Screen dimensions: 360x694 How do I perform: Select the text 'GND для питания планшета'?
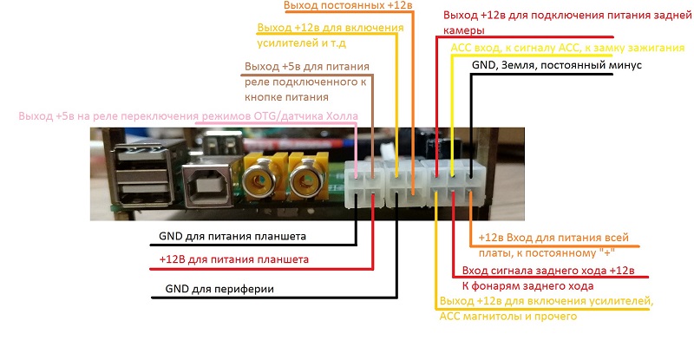click(x=232, y=236)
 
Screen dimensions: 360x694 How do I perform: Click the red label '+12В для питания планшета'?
click(x=234, y=259)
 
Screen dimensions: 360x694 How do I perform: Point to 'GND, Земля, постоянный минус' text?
click(x=556, y=65)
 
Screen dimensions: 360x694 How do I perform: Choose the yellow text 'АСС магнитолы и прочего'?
click(x=508, y=317)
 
